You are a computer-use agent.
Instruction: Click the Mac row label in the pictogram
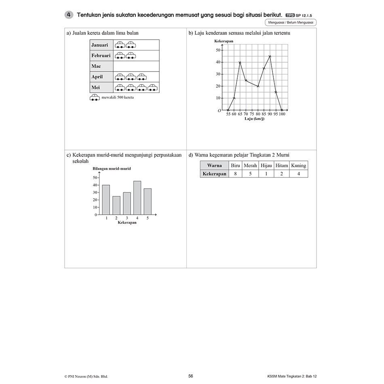point(96,66)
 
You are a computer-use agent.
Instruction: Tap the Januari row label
point(99,45)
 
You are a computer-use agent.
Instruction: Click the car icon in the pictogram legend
point(95,98)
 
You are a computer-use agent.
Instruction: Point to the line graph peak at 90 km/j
point(270,56)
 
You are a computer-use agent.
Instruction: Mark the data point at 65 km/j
point(240,63)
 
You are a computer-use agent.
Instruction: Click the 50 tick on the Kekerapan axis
point(218,50)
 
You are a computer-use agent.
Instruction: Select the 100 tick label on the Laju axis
point(282,114)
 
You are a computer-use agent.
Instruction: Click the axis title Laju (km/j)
point(254,119)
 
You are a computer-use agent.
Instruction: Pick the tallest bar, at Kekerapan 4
point(137,198)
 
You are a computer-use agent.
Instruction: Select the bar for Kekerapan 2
point(116,205)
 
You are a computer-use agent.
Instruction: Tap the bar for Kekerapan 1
point(106,200)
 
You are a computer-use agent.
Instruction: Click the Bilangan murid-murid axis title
point(112,169)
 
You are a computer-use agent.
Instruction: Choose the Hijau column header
point(266,165)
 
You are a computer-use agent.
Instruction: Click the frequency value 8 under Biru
point(235,174)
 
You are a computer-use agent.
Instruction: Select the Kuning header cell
point(298,165)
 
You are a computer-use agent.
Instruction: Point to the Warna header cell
point(214,165)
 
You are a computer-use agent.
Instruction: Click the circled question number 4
point(69,15)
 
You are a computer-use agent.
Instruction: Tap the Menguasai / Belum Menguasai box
point(291,22)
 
